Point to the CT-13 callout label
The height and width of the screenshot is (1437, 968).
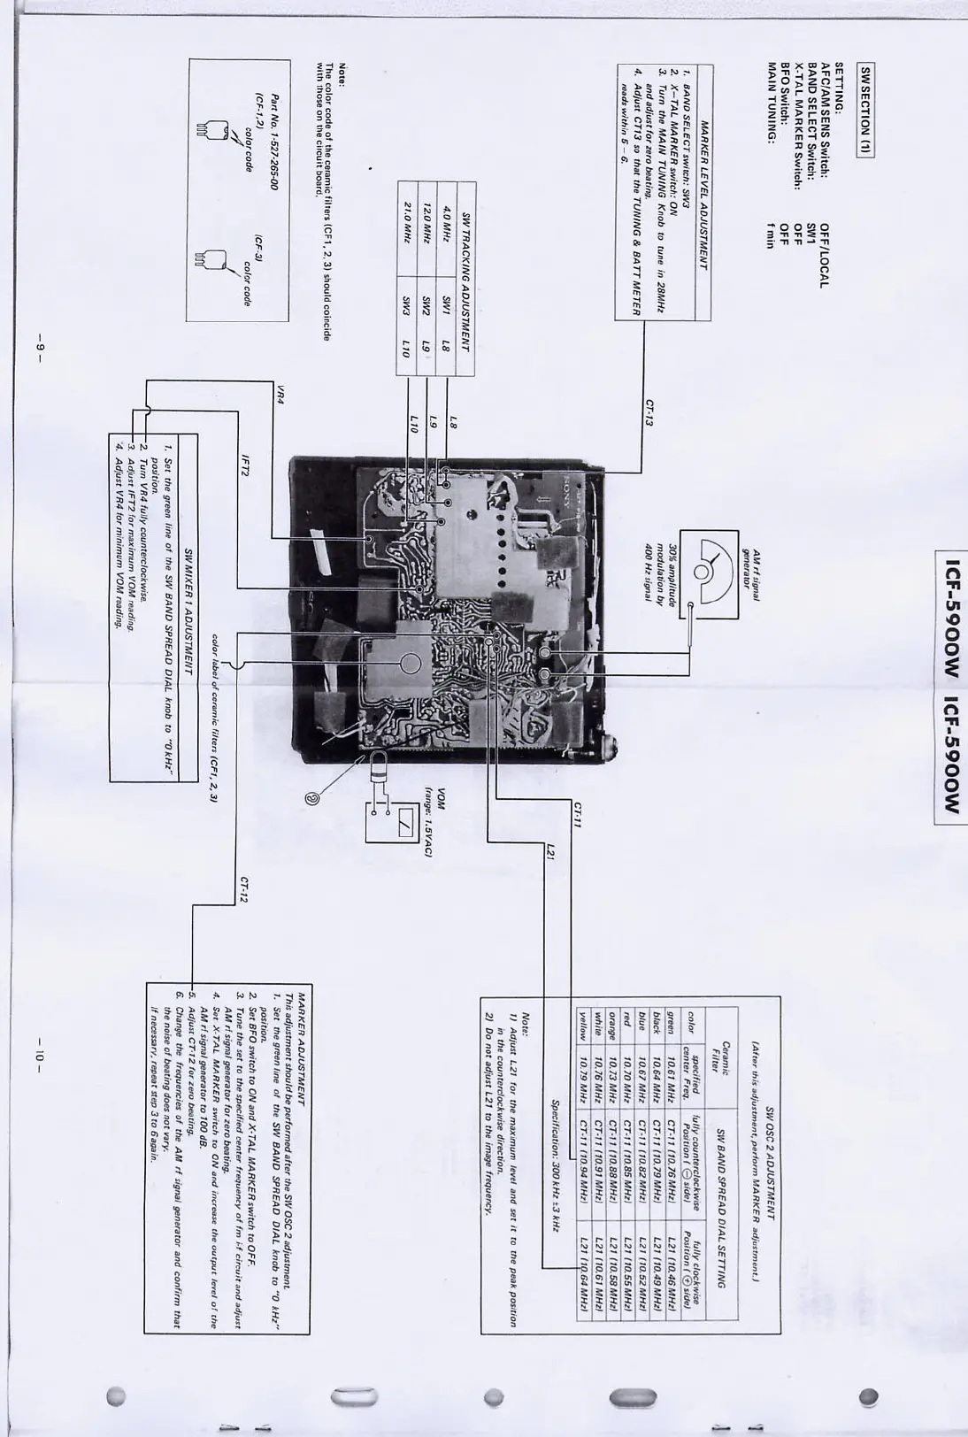point(649,412)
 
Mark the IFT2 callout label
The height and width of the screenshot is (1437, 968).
point(245,466)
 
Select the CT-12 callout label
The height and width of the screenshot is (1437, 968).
point(243,889)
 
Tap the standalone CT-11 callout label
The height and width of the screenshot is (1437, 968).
point(577,814)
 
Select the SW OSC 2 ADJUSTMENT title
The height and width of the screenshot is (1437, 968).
point(770,1160)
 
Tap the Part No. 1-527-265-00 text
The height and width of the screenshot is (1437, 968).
point(273,142)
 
